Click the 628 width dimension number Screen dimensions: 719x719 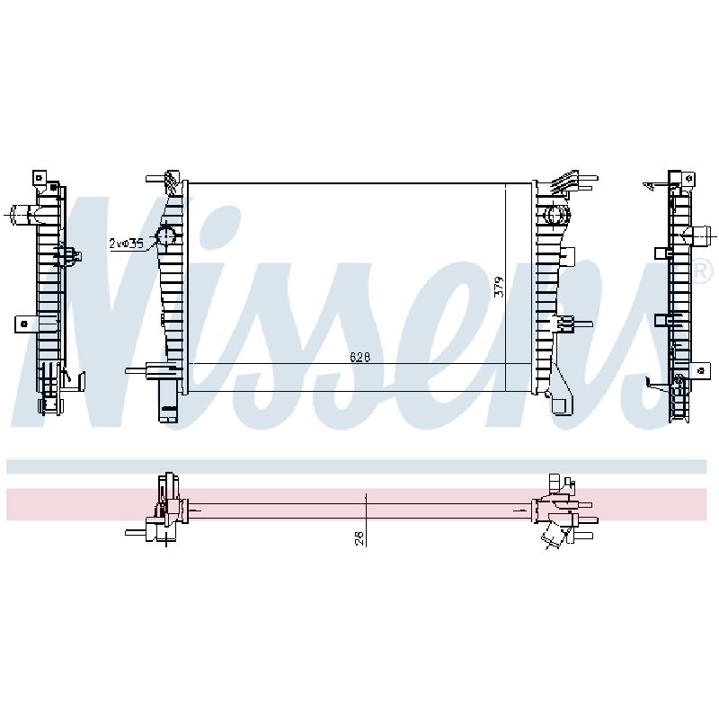(360, 357)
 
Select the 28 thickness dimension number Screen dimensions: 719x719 (359, 537)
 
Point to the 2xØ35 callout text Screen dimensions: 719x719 (127, 243)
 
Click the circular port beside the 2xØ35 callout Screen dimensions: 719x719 (165, 236)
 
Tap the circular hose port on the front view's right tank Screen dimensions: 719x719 (556, 215)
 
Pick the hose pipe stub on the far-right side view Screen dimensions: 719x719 (702, 236)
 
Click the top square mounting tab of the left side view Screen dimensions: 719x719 (40, 178)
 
